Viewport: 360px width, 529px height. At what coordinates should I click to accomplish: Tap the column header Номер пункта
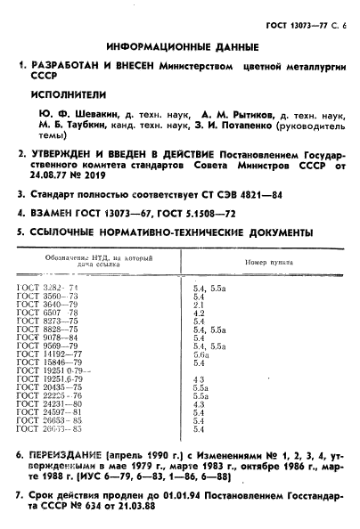(269, 263)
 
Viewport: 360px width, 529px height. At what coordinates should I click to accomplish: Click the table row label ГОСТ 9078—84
(49, 338)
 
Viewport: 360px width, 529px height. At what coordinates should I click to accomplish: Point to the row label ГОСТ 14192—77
(52, 354)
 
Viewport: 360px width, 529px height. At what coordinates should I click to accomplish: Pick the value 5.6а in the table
(200, 354)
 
